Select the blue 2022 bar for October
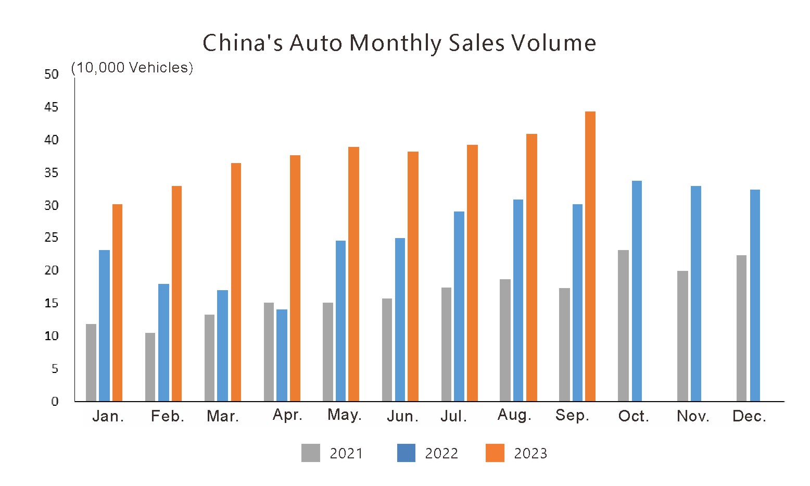coord(637,291)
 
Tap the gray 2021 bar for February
coord(150,367)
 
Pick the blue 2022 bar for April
coord(282,355)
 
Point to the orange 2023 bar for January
coord(117,303)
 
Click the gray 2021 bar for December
coord(741,328)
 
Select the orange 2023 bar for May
coord(353,274)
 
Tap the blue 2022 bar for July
coord(459,306)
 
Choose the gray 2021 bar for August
coord(505,340)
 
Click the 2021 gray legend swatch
coord(311,453)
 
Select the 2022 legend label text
coord(441,454)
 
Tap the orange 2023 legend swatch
coord(495,453)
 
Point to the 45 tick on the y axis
coord(52,107)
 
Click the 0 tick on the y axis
coord(55,402)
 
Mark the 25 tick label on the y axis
coord(52,238)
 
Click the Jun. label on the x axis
coord(402,417)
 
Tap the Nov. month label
coord(693,416)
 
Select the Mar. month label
coord(223,416)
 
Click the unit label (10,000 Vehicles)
coord(132,68)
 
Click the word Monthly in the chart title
coord(395,43)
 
